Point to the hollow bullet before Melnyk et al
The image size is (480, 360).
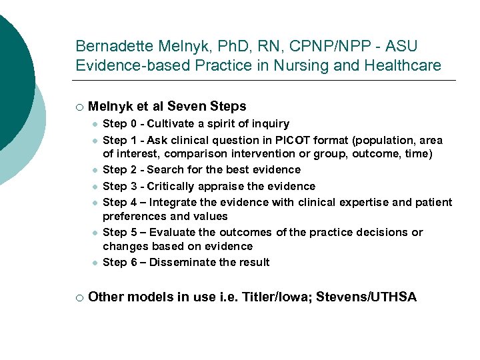(x=79, y=107)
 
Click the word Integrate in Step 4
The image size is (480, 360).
(x=174, y=202)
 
